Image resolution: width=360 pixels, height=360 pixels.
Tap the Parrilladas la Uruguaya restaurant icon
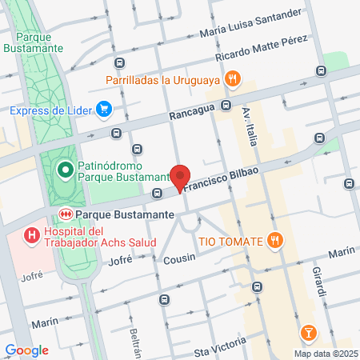click(232, 78)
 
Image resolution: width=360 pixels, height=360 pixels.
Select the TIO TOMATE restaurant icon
click(274, 240)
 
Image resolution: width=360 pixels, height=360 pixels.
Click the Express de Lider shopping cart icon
click(103, 109)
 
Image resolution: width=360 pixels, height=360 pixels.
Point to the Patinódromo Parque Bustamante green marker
click(65, 169)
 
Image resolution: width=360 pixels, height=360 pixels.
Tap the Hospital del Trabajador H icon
click(31, 235)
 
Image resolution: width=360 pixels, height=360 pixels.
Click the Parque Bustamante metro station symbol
click(66, 214)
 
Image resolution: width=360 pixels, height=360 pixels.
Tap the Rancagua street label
click(190, 114)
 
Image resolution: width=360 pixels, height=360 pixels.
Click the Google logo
click(26, 350)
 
